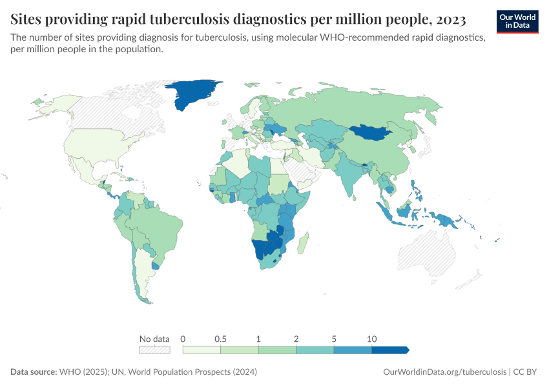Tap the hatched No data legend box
[154, 350]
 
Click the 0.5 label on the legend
[221, 339]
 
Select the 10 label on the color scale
[371, 339]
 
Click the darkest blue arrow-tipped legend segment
[390, 350]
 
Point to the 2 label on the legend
[296, 339]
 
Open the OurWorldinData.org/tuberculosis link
[445, 372]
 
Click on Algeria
[238, 164]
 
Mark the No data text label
[154, 339]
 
